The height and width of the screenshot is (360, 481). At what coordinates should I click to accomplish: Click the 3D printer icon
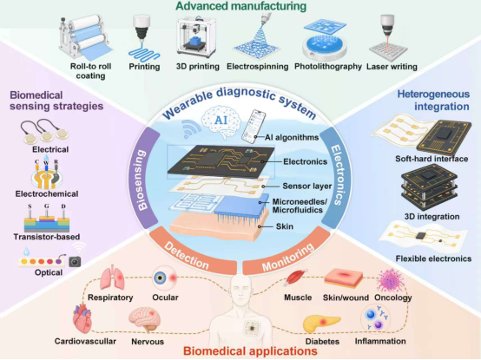[x=196, y=37]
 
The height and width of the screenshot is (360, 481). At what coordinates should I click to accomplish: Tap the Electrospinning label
[x=257, y=67]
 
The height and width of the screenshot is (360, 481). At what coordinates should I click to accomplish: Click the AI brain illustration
[x=221, y=121]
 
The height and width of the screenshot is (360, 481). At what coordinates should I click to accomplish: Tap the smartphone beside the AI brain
[x=254, y=127]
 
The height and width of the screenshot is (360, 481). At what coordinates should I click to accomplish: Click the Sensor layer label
[x=307, y=186]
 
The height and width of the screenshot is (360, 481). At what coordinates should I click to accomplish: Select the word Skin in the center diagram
[x=285, y=226]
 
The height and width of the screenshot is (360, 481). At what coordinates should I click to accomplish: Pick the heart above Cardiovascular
[x=82, y=318]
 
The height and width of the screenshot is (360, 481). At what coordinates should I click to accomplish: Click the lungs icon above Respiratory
[x=113, y=279]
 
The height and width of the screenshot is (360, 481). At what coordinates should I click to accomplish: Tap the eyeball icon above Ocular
[x=165, y=278]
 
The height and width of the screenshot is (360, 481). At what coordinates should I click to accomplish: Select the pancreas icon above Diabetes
[x=321, y=324]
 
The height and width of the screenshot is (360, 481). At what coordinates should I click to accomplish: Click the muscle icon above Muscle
[x=296, y=278]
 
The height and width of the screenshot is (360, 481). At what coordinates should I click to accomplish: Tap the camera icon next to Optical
[x=75, y=262]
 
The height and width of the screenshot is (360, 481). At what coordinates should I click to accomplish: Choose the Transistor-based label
[x=47, y=237]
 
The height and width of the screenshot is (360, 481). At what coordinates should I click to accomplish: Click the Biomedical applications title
[x=250, y=351]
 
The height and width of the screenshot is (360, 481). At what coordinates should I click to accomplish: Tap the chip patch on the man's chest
[x=252, y=328]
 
